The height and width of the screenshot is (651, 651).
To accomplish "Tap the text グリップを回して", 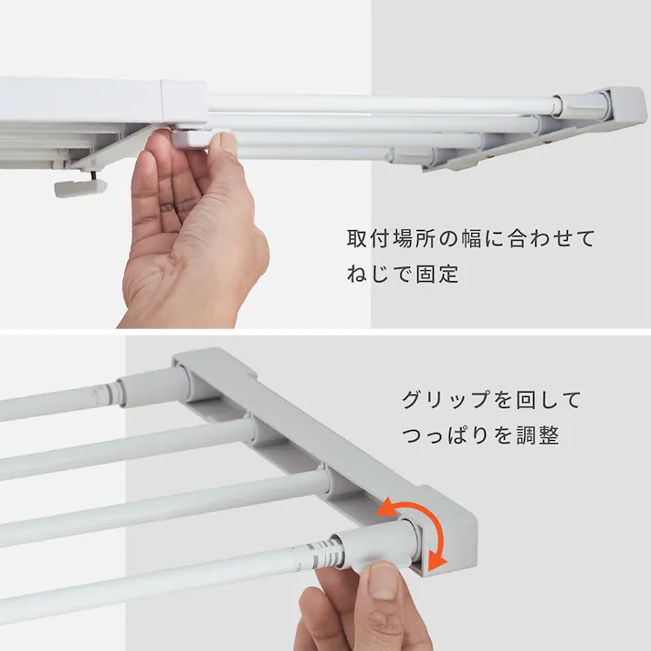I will [x=490, y=400].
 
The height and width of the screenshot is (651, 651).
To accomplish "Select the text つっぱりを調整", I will [x=479, y=436].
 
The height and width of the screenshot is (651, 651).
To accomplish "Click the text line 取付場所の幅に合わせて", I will [x=470, y=239].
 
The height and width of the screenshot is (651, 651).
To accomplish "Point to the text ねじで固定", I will [x=403, y=274].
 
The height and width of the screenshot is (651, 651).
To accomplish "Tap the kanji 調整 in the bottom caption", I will [x=536, y=436].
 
